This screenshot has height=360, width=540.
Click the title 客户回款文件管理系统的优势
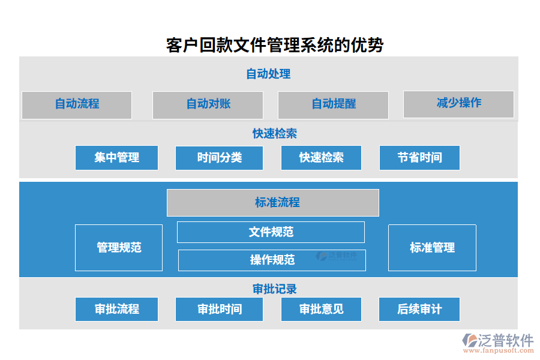[x=274, y=45]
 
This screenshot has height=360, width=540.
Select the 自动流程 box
[x=77, y=104]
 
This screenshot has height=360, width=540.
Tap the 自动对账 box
[x=208, y=104]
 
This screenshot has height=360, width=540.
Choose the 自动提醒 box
[x=333, y=104]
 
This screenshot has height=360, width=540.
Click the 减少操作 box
[x=458, y=104]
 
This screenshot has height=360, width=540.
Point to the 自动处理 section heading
[x=268, y=74]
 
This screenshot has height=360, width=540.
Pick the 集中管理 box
[x=116, y=158]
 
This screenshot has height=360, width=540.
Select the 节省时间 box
[x=419, y=158]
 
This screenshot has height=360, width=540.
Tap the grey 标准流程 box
[x=273, y=203]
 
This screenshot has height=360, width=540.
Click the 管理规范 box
[x=119, y=247]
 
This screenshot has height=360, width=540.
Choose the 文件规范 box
[x=271, y=232]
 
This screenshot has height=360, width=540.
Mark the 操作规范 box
[x=272, y=260]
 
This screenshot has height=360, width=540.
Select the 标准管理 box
[x=432, y=247]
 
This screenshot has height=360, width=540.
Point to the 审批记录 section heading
[x=274, y=289]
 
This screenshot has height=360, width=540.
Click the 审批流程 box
[x=116, y=309]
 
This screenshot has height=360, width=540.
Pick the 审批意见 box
[x=321, y=309]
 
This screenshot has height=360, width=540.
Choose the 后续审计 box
[x=419, y=309]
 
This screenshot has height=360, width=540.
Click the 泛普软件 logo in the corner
[x=497, y=343]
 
